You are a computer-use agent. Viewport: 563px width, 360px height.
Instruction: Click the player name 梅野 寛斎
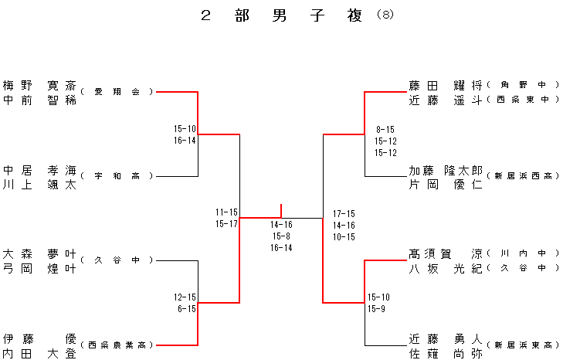pyautogui.click(x=39, y=85)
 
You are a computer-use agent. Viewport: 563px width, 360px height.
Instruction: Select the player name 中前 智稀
pyautogui.click(x=39, y=99)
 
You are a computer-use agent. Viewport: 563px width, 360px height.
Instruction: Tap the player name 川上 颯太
pyautogui.click(x=39, y=184)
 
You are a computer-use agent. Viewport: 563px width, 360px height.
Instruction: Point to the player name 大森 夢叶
pyautogui.click(x=39, y=253)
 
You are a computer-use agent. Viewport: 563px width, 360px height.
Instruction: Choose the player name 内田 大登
pyautogui.click(x=39, y=352)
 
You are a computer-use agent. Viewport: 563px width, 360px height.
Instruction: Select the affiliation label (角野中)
pyautogui.click(x=523, y=85)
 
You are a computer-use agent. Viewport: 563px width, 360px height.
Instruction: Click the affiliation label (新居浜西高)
pyautogui.click(x=523, y=177)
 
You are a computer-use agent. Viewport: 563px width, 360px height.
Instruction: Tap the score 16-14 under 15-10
pyautogui.click(x=185, y=140)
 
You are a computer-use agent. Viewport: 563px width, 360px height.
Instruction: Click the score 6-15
pyautogui.click(x=185, y=308)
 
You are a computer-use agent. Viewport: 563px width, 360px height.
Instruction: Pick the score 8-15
pyautogui.click(x=385, y=129)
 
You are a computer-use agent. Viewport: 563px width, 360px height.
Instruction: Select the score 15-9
pyautogui.click(x=378, y=308)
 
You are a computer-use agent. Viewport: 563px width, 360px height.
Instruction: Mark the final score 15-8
pyautogui.click(x=281, y=236)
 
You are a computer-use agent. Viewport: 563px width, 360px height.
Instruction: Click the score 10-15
pyautogui.click(x=344, y=236)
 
